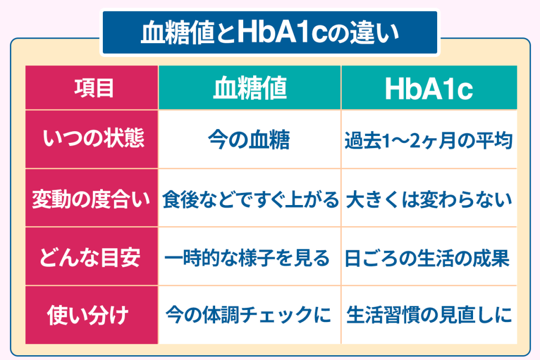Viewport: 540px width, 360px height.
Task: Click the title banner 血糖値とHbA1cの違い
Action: [270, 32]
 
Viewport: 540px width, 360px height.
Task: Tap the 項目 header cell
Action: [92, 87]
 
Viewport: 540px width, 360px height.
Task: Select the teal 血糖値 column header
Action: [249, 87]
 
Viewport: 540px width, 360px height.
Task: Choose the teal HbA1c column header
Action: [429, 87]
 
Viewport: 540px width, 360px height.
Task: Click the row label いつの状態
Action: [92, 139]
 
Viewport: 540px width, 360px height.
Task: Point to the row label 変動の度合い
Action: [92, 198]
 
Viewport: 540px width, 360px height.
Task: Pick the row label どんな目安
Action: [92, 256]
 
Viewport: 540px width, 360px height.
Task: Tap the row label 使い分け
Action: [92, 315]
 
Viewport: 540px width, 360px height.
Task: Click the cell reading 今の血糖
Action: [249, 139]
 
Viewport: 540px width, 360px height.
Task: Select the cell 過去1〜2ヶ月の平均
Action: [429, 139]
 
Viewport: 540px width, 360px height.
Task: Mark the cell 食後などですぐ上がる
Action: [249, 198]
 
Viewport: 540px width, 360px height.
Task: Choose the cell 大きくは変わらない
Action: [429, 198]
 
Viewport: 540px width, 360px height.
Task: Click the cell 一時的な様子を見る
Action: [249, 257]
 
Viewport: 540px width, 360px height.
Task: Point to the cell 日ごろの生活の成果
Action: [429, 257]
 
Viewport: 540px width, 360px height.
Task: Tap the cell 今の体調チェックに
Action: [249, 315]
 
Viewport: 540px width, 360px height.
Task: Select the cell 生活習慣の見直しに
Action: [429, 315]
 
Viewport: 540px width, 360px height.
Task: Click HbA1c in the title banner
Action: [282, 32]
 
